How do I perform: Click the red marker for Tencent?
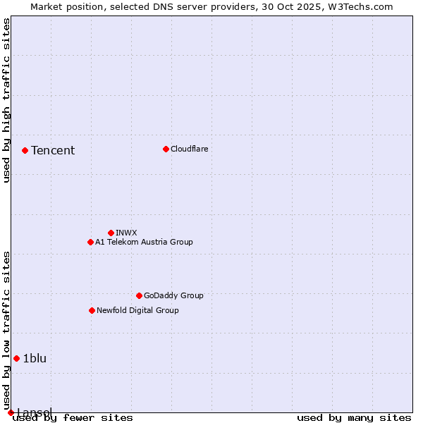(25, 150)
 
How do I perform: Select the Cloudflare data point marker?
(166, 149)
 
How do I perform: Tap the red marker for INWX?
(111, 233)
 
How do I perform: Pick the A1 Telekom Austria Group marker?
(90, 242)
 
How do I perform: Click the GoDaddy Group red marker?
(139, 295)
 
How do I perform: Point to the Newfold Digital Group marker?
(92, 310)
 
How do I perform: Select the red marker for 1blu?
(16, 358)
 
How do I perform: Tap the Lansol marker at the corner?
(11, 412)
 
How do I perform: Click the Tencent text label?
(53, 150)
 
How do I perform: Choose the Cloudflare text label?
(190, 149)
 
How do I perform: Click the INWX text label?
(126, 233)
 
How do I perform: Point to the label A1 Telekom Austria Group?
(144, 242)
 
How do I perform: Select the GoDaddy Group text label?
(173, 295)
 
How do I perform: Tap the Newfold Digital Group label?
(137, 310)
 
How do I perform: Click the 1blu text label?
(35, 358)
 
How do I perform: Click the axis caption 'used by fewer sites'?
(73, 417)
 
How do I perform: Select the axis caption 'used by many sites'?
(354, 417)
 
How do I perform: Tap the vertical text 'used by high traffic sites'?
(6, 100)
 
